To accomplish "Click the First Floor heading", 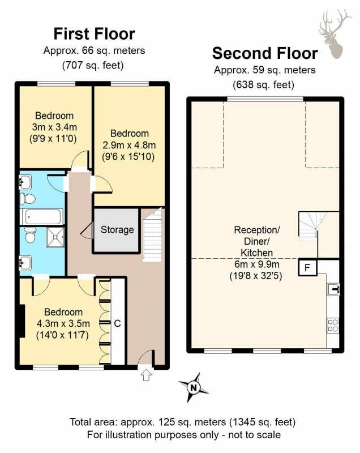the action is (94, 33).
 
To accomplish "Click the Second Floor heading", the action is (265, 53).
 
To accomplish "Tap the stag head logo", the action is (335, 34).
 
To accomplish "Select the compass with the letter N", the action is (194, 387).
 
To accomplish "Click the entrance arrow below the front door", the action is (146, 375).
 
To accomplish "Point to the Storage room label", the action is (117, 230).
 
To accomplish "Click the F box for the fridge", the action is (307, 268).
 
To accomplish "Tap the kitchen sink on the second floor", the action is (333, 289).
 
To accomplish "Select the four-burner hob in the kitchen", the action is (333, 325).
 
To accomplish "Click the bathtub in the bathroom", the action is (42, 217).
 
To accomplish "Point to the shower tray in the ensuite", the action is (55, 237).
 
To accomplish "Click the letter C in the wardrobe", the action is (117, 323).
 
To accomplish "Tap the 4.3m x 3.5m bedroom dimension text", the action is (63, 323).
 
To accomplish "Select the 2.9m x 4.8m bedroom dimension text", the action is (129, 145).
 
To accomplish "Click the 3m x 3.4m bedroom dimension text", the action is (54, 127).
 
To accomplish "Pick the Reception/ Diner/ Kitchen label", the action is (256, 241).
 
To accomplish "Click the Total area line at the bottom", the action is (182, 422).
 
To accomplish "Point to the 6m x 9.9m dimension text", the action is (256, 264).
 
